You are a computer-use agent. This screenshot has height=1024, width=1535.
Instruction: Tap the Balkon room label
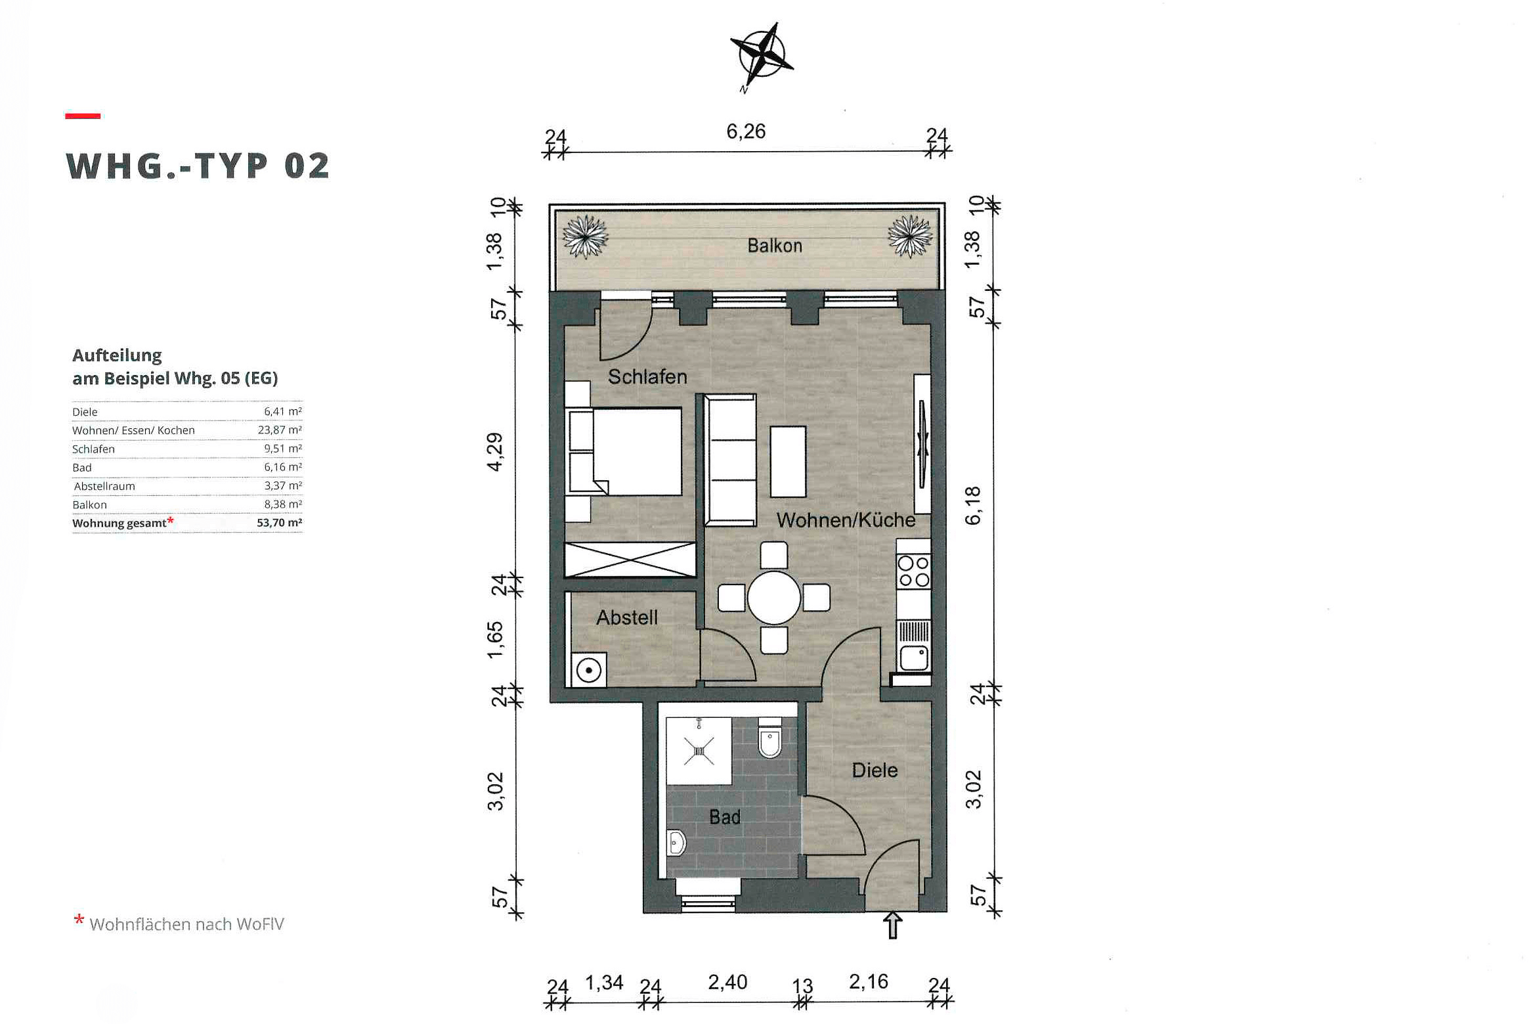[775, 246]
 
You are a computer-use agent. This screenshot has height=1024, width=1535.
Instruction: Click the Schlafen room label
[647, 376]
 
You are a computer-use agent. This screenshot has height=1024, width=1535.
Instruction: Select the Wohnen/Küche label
[846, 520]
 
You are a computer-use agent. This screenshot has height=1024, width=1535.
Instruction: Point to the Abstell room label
[627, 617]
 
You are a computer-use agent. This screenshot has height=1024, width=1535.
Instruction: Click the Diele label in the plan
[875, 770]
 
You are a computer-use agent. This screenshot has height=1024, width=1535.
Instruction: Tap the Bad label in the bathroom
[725, 817]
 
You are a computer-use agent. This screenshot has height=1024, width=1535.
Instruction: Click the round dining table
[774, 598]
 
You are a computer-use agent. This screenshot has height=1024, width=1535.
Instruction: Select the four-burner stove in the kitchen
[914, 571]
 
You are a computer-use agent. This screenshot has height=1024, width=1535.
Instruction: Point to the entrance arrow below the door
[892, 925]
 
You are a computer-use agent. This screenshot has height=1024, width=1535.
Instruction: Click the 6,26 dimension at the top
[746, 131]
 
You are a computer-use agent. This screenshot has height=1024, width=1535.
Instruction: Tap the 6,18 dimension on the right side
[973, 505]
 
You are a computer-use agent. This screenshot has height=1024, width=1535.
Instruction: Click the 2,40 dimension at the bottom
[727, 982]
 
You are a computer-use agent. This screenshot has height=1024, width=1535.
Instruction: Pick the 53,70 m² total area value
[280, 523]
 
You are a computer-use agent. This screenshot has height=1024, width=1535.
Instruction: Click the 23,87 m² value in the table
[280, 430]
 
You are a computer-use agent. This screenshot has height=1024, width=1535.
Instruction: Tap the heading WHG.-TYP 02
[198, 166]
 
